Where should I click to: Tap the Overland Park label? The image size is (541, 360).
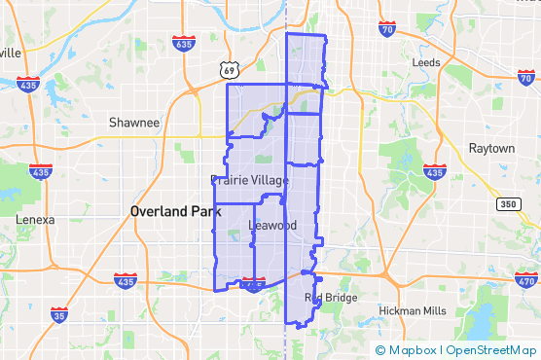(x=178, y=210)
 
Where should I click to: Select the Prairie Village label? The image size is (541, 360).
(x=249, y=180)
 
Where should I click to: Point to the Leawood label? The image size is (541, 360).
(x=272, y=225)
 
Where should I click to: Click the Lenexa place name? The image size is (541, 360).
(x=35, y=220)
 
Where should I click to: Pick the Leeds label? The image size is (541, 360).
(x=426, y=62)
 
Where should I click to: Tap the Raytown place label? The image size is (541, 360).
(x=491, y=148)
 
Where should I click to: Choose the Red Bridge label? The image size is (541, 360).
(x=331, y=298)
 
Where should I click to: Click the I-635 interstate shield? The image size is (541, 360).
(x=182, y=44)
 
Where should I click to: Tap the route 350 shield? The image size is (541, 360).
(x=506, y=204)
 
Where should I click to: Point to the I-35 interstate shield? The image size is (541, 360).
(x=60, y=314)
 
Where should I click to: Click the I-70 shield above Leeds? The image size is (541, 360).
(x=387, y=28)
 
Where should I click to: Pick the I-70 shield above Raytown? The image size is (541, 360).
(x=525, y=77)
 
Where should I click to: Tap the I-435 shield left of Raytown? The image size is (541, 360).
(x=434, y=171)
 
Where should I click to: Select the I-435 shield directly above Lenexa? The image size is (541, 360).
(x=40, y=172)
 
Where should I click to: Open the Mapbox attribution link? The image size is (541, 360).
(x=414, y=350)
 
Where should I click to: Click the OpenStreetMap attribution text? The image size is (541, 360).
(x=489, y=350)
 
